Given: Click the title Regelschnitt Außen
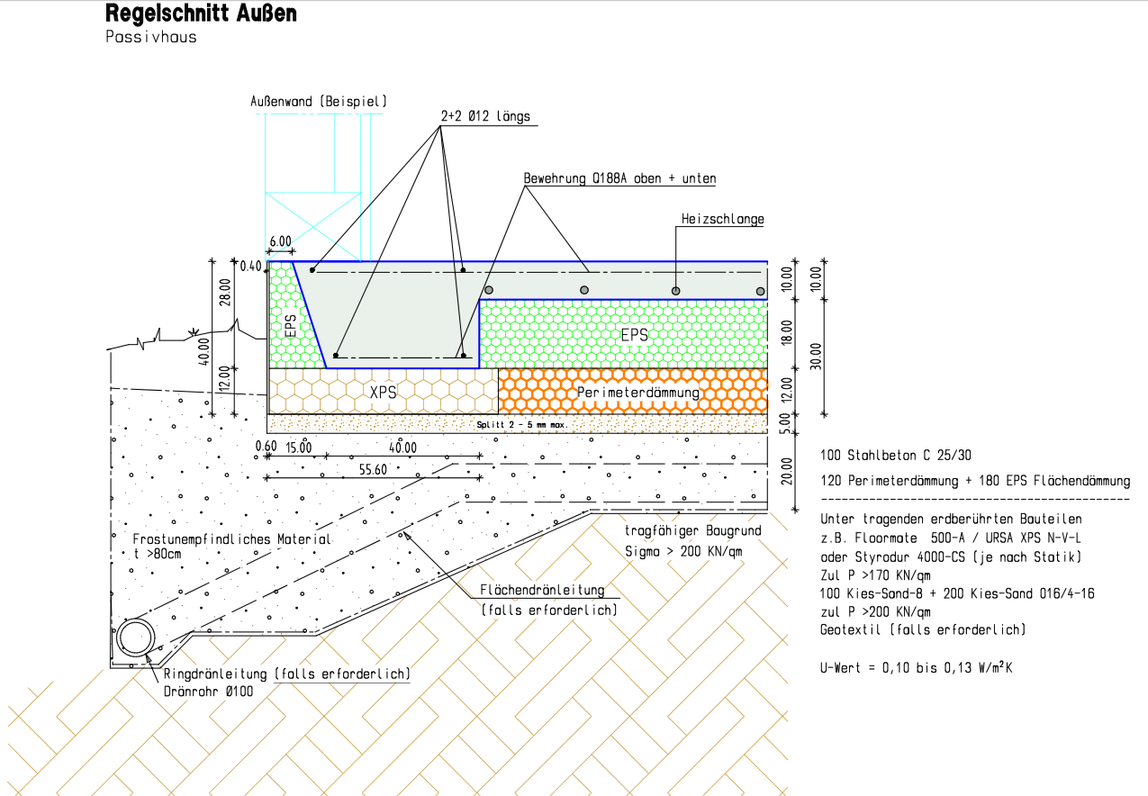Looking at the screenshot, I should point(201,14).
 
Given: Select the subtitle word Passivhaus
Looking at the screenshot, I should point(150,38).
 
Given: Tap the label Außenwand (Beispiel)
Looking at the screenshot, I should point(319,103).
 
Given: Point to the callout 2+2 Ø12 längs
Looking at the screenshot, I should point(485,117).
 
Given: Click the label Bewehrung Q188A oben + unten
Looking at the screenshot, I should point(620,179).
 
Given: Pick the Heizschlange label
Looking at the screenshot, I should point(723,219).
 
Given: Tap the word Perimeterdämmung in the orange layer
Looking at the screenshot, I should point(638,393).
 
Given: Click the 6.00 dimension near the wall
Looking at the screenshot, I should point(280,242).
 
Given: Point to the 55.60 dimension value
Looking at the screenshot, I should point(373,469).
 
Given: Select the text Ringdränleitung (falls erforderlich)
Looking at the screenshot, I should point(287,674).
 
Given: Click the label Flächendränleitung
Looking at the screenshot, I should point(542,591).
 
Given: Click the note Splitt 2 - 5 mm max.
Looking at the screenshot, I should point(520,423).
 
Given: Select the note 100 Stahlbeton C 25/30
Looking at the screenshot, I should point(896,456).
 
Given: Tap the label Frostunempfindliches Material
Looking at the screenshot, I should point(232,538).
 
